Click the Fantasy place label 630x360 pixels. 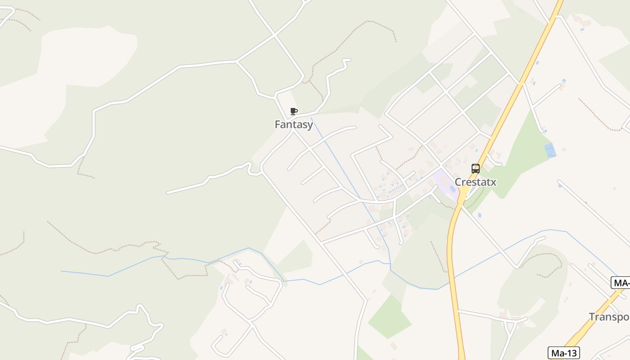(293, 125)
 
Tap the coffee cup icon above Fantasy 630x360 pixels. (293, 111)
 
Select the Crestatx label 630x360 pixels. (475, 182)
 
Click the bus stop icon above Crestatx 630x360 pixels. (475, 169)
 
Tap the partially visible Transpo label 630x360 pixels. (609, 317)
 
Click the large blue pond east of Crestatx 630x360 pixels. (550, 150)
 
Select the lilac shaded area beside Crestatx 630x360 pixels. (445, 184)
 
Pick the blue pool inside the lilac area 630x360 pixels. (452, 189)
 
